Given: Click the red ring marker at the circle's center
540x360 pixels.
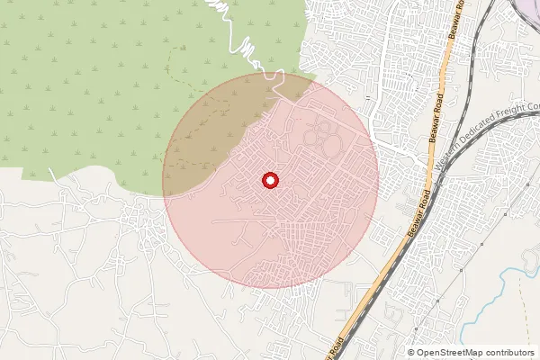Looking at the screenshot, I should (x=269, y=180).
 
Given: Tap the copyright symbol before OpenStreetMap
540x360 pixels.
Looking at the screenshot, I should (x=411, y=353).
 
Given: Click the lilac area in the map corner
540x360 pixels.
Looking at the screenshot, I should (x=528, y=7).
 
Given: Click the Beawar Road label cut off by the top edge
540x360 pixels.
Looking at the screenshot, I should (x=456, y=22).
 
